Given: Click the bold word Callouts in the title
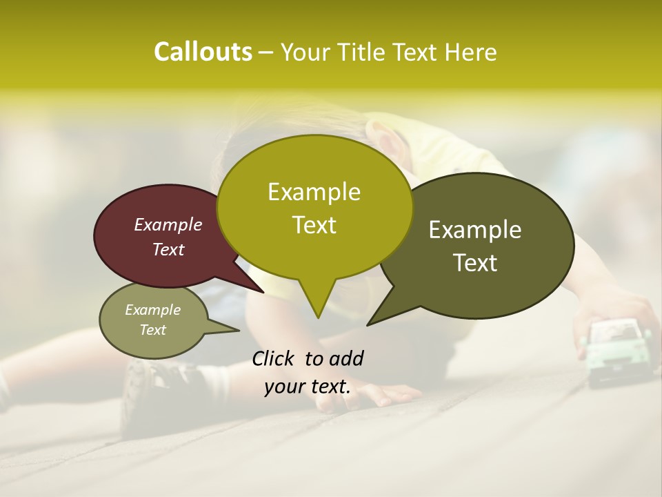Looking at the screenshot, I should (203, 52).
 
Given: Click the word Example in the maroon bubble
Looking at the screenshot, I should (168, 224).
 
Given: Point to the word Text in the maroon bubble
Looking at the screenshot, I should (168, 249).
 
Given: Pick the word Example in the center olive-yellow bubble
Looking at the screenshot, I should (314, 192).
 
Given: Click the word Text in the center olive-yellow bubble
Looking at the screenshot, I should (314, 225).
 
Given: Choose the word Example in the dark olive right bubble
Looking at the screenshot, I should (475, 230).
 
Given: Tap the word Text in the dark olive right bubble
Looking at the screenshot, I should (475, 263).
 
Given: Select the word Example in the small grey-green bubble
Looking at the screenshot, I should (153, 310).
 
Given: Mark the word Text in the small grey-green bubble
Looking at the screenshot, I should (153, 330).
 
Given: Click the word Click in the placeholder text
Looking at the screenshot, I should (274, 358).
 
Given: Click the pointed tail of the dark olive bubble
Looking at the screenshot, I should (370, 322).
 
